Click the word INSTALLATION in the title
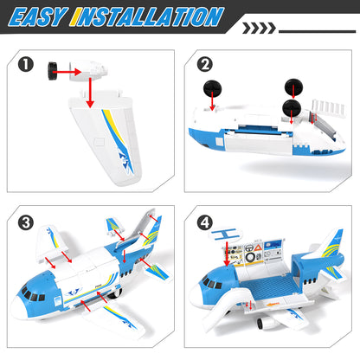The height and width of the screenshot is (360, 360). point(146,16)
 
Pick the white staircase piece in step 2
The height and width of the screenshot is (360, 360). point(326,102)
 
